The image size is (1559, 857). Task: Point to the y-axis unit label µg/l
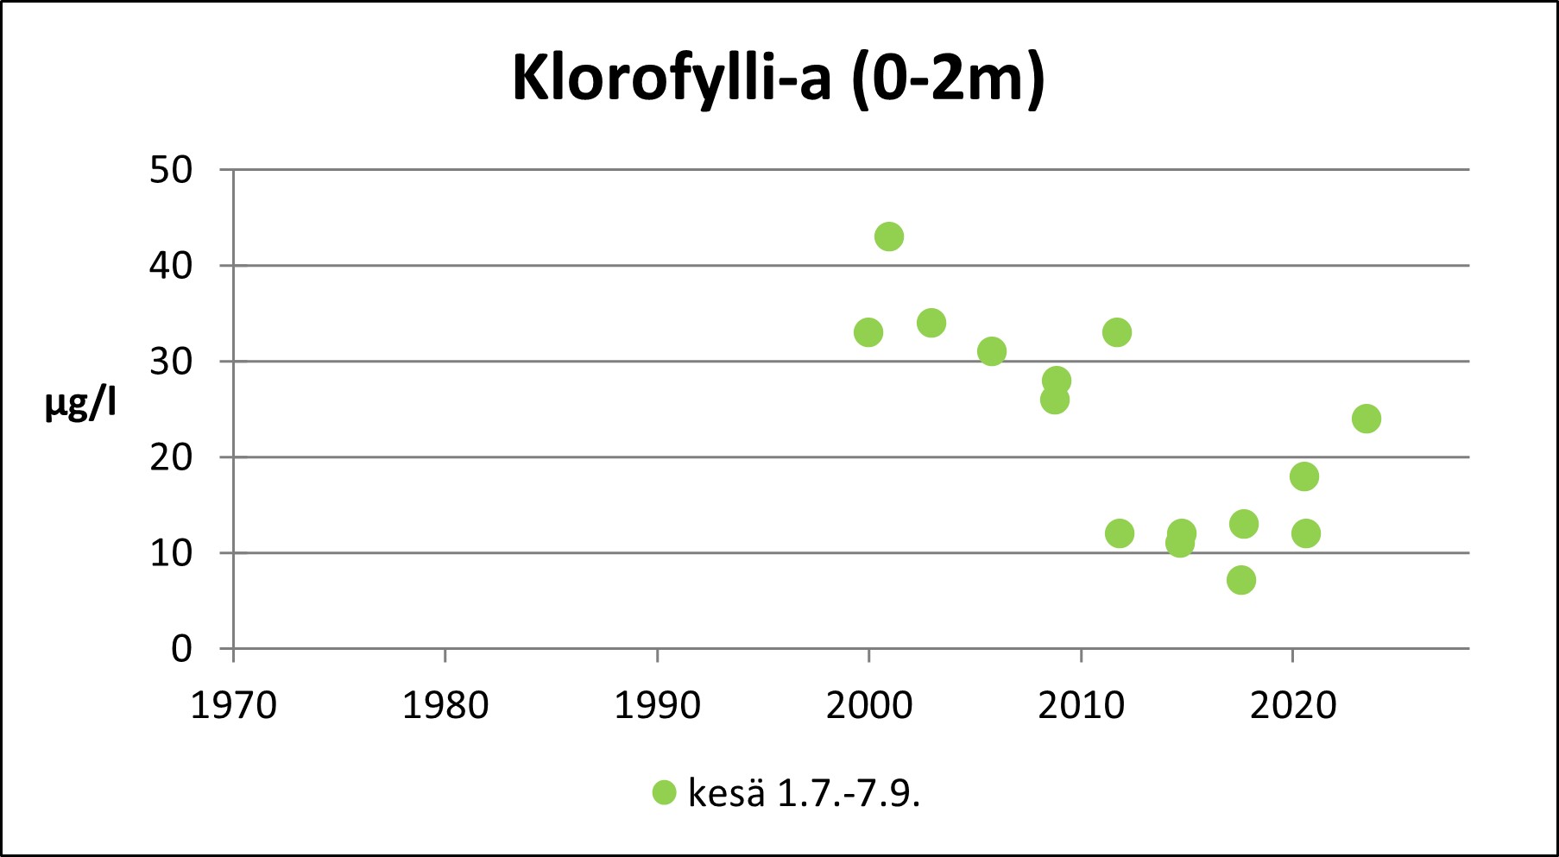pyautogui.click(x=80, y=403)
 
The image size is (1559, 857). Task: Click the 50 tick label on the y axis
pyautogui.click(x=170, y=171)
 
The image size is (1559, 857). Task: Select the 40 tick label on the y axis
pyautogui.click(x=170, y=266)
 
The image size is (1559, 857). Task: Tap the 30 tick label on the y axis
pyautogui.click(x=170, y=362)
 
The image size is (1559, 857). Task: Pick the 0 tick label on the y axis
pyautogui.click(x=181, y=649)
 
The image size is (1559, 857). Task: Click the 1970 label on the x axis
pyautogui.click(x=233, y=706)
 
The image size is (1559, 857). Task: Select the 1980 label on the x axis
pyautogui.click(x=445, y=706)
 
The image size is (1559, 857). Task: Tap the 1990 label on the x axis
pyautogui.click(x=657, y=706)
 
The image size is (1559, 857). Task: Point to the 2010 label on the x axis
pyautogui.click(x=1081, y=706)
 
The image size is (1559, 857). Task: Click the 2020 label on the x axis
pyautogui.click(x=1292, y=706)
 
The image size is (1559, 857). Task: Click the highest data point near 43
pyautogui.click(x=889, y=236)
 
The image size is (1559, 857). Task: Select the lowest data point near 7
pyautogui.click(x=1240, y=580)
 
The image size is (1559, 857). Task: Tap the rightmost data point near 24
pyautogui.click(x=1366, y=419)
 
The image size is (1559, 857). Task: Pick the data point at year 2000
pyautogui.click(x=868, y=332)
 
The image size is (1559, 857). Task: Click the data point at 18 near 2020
pyautogui.click(x=1304, y=476)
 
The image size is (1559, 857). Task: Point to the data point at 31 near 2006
pyautogui.click(x=992, y=351)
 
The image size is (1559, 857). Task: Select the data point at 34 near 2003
pyautogui.click(x=931, y=323)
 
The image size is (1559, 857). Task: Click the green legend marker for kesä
pyautogui.click(x=664, y=792)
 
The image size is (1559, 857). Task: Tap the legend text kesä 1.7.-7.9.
pyautogui.click(x=804, y=793)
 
